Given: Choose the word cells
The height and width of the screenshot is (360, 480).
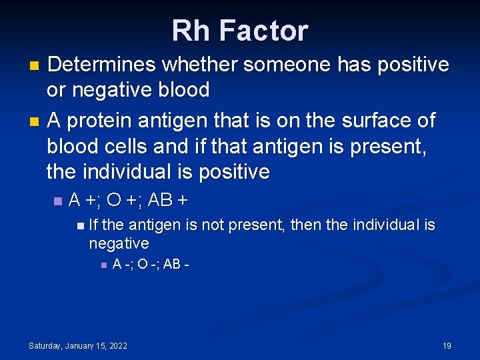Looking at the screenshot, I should coord(129,146).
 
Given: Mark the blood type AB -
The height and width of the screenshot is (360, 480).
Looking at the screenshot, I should coord(177,265).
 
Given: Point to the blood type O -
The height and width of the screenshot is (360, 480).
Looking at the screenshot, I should coord(147,265).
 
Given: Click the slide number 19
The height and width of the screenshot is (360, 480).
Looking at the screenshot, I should coord(447,345).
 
